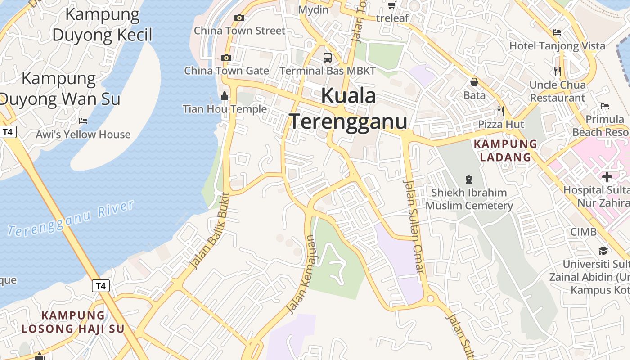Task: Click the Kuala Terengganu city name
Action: [x=348, y=108]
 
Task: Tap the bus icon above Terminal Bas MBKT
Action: [x=328, y=58]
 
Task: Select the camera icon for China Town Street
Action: [x=239, y=18]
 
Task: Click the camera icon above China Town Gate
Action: [x=226, y=58]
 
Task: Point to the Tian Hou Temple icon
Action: [x=224, y=96]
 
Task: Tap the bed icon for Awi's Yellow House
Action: [x=83, y=121]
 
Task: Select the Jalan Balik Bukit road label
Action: [x=210, y=231]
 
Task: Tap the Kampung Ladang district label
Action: [x=505, y=151]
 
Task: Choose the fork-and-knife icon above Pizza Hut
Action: [x=500, y=111]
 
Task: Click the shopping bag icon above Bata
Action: [x=474, y=82]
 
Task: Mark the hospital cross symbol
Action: [x=607, y=176]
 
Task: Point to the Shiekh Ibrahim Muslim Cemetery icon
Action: [x=469, y=179]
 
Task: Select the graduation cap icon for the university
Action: [x=603, y=251]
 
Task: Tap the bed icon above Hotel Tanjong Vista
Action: [x=557, y=32]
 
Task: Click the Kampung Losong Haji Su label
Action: [x=72, y=322]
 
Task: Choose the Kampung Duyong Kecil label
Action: [x=102, y=25]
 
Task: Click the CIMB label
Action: [x=583, y=232]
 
